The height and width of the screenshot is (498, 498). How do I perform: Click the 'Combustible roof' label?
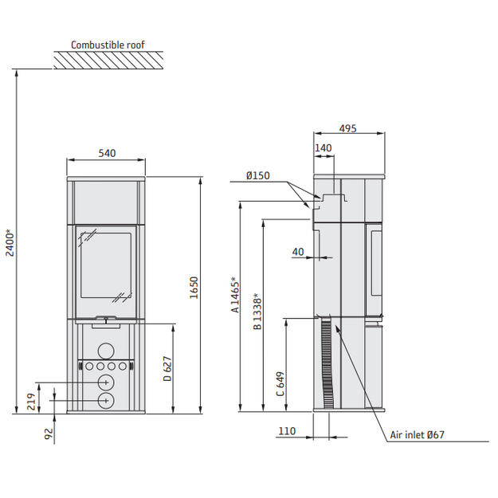[x=108, y=45]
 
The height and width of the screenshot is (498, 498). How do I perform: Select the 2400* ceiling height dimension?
[x=10, y=243]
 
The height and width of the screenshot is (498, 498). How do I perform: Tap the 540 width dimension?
[x=107, y=153]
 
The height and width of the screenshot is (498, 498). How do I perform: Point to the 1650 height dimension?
[x=194, y=288]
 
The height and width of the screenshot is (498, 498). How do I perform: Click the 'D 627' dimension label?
[x=167, y=369]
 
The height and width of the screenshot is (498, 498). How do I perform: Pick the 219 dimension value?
[x=31, y=402]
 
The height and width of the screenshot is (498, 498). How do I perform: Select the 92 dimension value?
[x=49, y=433]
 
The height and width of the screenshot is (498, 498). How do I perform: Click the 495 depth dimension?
[x=347, y=128]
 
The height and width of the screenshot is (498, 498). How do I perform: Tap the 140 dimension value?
[x=323, y=147]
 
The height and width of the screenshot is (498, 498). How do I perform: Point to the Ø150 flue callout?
[x=258, y=175]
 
